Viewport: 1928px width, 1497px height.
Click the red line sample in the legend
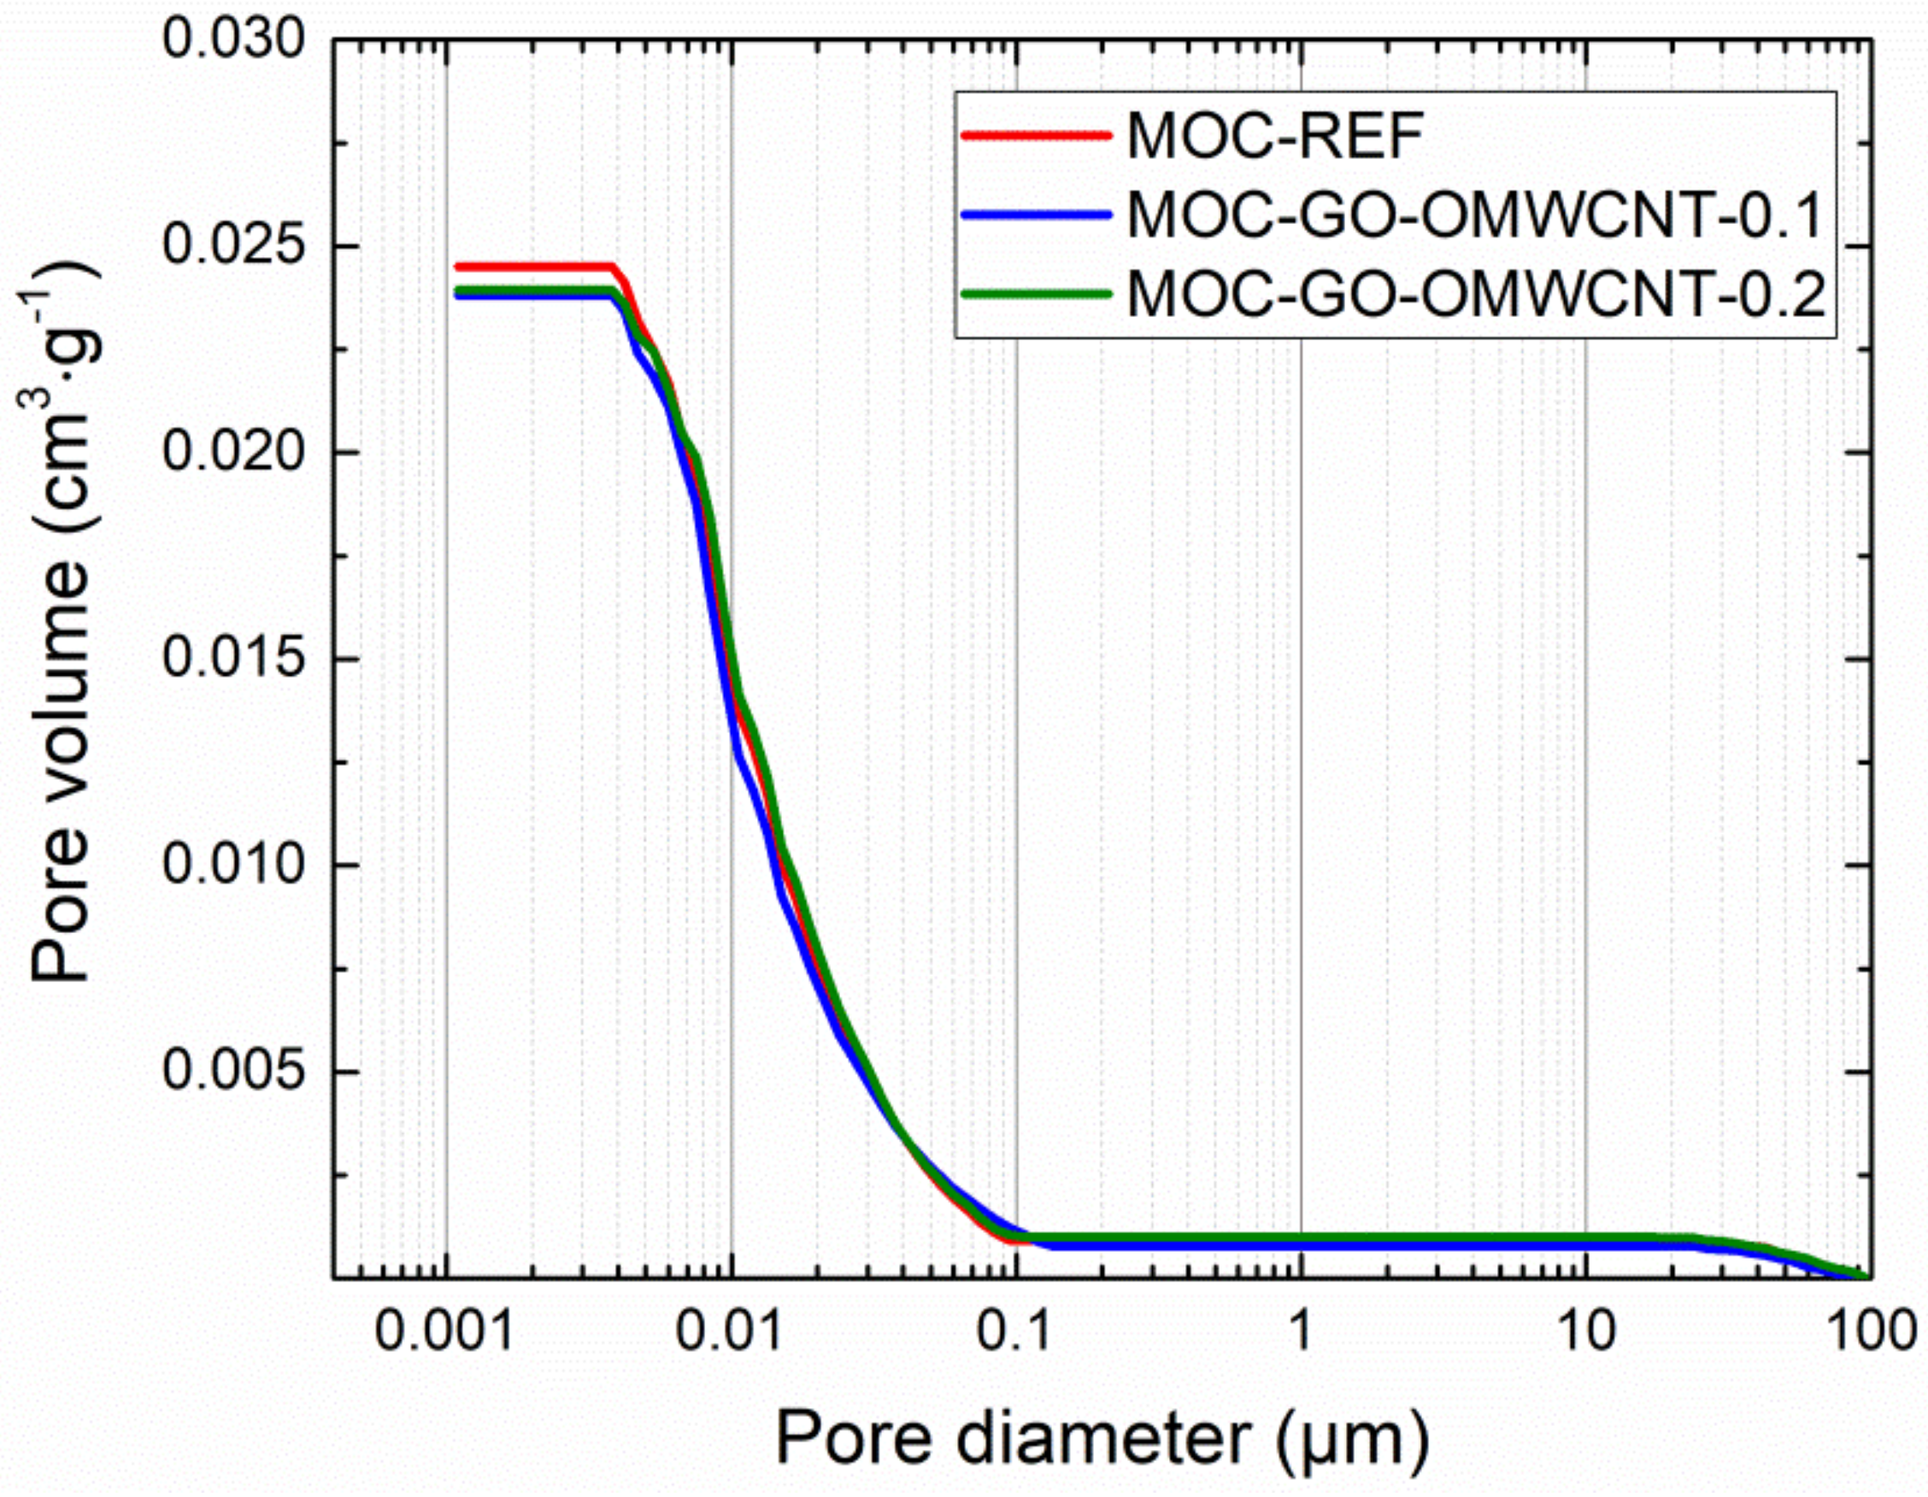point(1036,135)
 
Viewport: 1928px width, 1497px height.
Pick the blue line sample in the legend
point(1036,214)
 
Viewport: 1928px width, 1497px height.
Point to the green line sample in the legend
point(1036,294)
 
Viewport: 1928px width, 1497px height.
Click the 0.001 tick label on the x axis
point(444,1331)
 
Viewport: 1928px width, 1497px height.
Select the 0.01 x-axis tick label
point(729,1331)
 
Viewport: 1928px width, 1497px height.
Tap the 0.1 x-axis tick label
point(1014,1331)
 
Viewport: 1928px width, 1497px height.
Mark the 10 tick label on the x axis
point(1585,1331)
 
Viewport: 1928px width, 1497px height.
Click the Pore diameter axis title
point(1102,1439)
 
